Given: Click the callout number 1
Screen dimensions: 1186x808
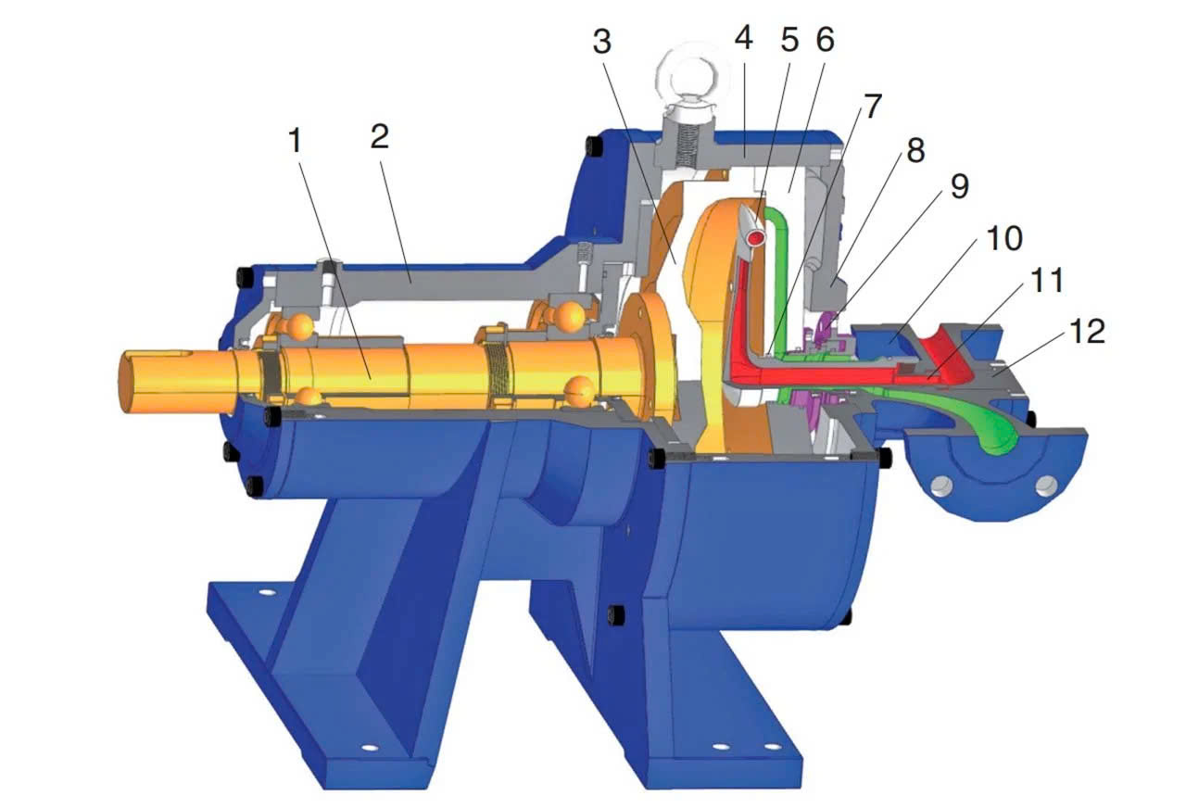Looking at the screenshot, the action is tap(295, 140).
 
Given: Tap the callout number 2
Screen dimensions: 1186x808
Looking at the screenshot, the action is tap(380, 136).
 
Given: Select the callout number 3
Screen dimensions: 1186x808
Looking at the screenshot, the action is tap(602, 42).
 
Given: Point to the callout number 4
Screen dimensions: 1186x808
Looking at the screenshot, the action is tap(744, 38).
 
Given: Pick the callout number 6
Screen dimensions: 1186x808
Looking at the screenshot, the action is tap(826, 40).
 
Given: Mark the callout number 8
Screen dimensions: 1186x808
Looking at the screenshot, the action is tap(916, 150).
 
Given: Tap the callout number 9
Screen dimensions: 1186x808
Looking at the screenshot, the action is tap(960, 186).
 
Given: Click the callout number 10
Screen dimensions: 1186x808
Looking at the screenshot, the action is tap(1004, 238).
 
